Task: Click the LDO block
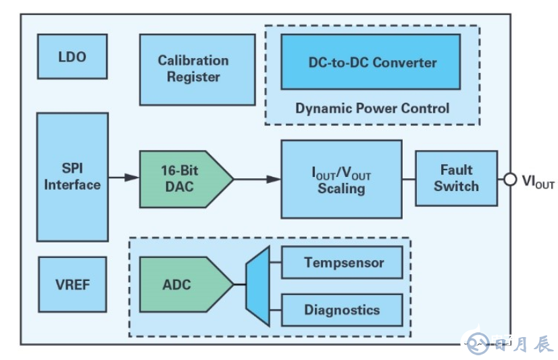(x=72, y=57)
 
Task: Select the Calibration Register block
(x=197, y=69)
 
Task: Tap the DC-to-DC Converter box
(x=370, y=62)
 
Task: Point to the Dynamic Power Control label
(x=372, y=108)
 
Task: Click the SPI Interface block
(x=72, y=177)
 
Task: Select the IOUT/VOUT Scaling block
(x=341, y=179)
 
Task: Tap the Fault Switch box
(x=456, y=178)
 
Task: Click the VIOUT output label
(x=538, y=181)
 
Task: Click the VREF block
(x=72, y=284)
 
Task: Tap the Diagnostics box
(x=342, y=310)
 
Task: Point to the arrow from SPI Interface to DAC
(x=124, y=178)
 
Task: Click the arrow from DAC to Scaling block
(x=257, y=179)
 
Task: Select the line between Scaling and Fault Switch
(x=409, y=179)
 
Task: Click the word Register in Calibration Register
(x=194, y=77)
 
